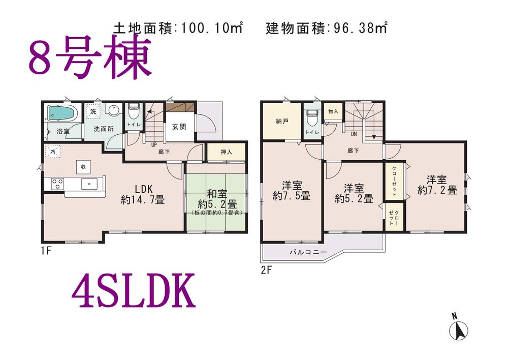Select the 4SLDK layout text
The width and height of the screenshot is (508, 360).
tap(134, 291)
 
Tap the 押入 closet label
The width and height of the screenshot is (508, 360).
tap(227, 152)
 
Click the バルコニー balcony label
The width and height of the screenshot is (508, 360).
tap(308, 251)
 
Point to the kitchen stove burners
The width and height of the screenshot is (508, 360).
tap(56, 183)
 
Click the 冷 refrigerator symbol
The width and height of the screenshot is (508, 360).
tap(52, 151)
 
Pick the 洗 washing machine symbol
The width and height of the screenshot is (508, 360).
tap(93, 110)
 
